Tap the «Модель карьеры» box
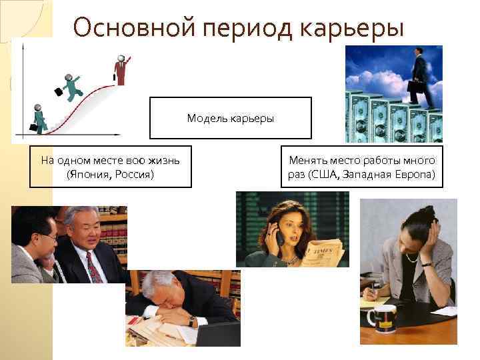point(230,118)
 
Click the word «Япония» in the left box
point(89,175)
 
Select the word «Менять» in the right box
point(308,161)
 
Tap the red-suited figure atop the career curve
point(121,69)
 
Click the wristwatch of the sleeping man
point(193,321)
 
